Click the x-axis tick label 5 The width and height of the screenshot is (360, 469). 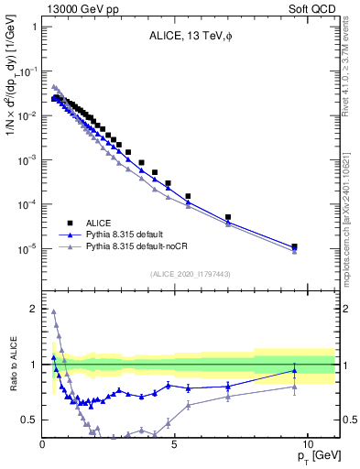point(175,443)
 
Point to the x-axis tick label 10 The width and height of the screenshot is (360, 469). point(307,443)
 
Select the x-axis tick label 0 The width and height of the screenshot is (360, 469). point(43,443)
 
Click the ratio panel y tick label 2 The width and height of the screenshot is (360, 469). point(32,310)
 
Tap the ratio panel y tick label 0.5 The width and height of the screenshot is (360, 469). point(29,420)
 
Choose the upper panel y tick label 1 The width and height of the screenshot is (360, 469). point(33,27)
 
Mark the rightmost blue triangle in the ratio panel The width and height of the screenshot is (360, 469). point(294,370)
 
